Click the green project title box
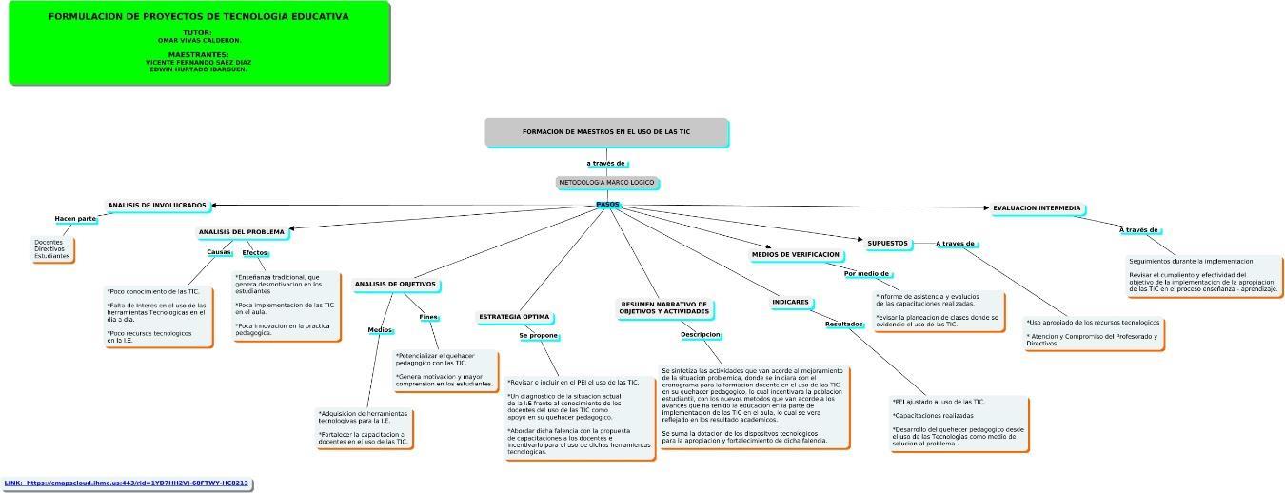pos(198,43)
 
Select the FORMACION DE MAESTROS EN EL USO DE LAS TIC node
pos(606,132)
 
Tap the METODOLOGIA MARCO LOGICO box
pos(606,182)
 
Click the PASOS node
pos(606,204)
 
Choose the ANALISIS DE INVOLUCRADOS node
pos(157,206)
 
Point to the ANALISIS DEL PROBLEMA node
pos(241,232)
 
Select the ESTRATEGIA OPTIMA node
pos(514,316)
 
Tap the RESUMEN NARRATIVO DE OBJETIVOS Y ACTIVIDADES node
pos(663,307)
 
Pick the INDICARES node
pos(790,303)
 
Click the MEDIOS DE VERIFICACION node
pos(796,255)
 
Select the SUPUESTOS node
pos(887,243)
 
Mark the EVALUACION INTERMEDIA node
pos(1037,207)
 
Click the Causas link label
pos(219,252)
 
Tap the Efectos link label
pos(254,252)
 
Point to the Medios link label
pos(380,330)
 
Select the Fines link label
pos(428,317)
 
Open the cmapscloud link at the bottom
pos(127,483)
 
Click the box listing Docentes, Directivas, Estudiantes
pos(52,249)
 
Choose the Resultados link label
pos(843,324)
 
